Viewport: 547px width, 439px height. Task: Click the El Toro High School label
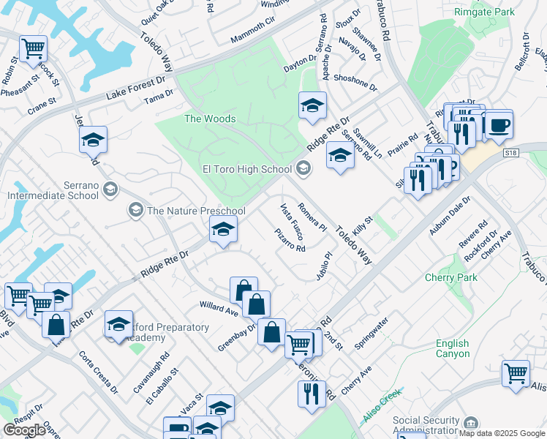[x=246, y=170]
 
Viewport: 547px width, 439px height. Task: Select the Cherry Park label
[x=451, y=277]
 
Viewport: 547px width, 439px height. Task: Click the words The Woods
[x=210, y=119]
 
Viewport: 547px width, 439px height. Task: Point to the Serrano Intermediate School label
[x=53, y=190]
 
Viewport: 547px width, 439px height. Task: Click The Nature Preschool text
[x=196, y=211]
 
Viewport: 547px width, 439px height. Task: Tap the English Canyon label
[x=453, y=348]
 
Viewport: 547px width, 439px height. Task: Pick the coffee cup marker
[x=499, y=125]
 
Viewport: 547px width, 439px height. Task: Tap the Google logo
[x=24, y=430]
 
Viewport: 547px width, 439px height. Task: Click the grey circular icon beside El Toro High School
[x=303, y=170]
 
